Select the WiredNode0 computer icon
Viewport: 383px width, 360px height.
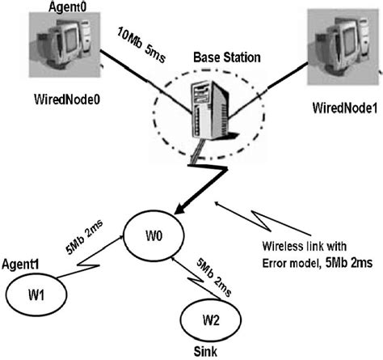(59, 46)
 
